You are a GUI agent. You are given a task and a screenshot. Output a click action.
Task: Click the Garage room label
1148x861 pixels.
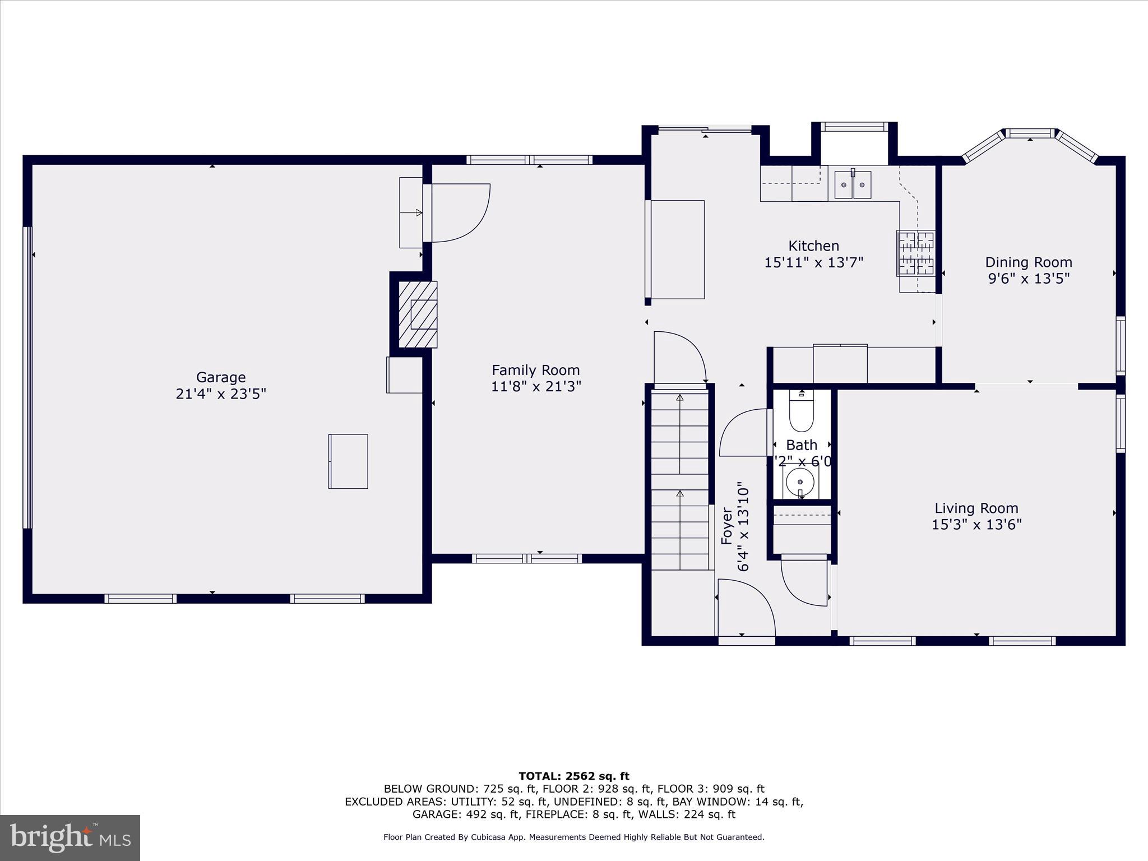pyautogui.click(x=220, y=377)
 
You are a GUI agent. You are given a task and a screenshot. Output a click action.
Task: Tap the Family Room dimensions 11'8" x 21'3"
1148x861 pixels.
pyautogui.click(x=536, y=386)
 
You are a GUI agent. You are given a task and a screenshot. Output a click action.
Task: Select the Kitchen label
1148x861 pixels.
pyautogui.click(x=813, y=246)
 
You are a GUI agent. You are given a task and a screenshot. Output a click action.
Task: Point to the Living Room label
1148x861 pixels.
pyautogui.click(x=976, y=508)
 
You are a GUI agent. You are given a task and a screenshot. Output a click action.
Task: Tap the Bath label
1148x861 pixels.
pyautogui.click(x=801, y=445)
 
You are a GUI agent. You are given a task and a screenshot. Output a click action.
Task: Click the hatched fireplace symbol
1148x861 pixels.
pyautogui.click(x=418, y=314)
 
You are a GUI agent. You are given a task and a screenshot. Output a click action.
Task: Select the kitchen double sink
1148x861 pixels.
pyautogui.click(x=853, y=185)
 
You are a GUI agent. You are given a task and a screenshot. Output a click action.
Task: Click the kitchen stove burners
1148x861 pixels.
pyautogui.click(x=915, y=253)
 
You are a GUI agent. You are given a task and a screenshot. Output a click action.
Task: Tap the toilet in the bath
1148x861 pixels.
pyautogui.click(x=801, y=412)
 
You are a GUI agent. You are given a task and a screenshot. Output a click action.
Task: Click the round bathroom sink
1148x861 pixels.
pyautogui.click(x=800, y=482)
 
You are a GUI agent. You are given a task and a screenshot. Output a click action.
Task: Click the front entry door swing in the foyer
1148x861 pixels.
pyautogui.click(x=746, y=608)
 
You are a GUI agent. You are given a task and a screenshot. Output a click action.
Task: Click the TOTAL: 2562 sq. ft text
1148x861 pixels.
pyautogui.click(x=573, y=776)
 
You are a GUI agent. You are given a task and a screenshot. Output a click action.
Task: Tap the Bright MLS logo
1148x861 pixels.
pyautogui.click(x=70, y=837)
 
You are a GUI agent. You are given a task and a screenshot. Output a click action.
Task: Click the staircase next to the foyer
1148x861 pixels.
pyautogui.click(x=679, y=482)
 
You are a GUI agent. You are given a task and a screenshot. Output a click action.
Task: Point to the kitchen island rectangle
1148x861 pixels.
pyautogui.click(x=677, y=249)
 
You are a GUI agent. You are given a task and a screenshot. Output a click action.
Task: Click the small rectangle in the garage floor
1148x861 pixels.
pyautogui.click(x=348, y=461)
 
